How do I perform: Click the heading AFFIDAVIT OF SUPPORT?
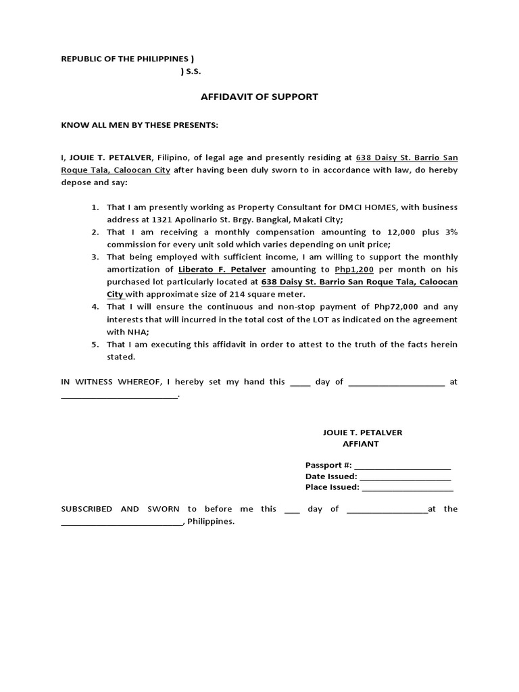pos(259,97)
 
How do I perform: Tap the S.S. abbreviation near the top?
pos(193,72)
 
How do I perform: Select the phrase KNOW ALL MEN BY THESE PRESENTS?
pos(140,126)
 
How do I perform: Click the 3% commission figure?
pos(451,232)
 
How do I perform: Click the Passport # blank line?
pos(402,466)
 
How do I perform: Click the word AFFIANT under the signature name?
pos(362,444)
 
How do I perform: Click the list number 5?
pos(95,345)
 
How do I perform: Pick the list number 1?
pos(95,207)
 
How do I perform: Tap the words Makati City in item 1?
pos(319,220)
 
